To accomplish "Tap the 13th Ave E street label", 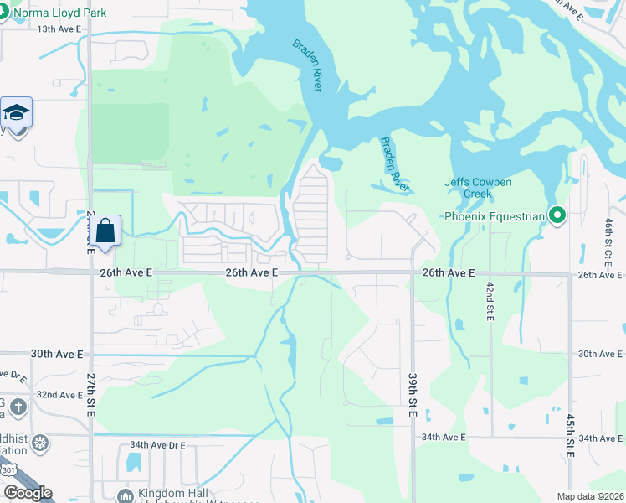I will (x=59, y=29).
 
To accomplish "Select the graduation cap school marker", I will (x=16, y=113).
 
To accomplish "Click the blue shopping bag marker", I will (x=105, y=231).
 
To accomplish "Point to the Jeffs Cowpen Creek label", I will (x=477, y=188).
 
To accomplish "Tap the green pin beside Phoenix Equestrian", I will (x=556, y=216).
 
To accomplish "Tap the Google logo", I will (x=28, y=494).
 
